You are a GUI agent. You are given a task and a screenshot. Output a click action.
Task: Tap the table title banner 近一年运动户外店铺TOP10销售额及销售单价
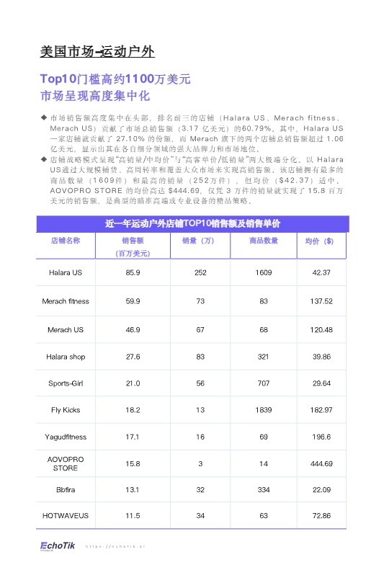[192, 224]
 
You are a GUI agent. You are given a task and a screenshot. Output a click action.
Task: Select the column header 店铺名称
[65, 241]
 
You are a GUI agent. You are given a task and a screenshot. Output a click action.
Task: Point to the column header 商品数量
[263, 241]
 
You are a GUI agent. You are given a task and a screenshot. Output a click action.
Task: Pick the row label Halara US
[65, 273]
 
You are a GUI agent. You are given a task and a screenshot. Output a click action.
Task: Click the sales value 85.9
[133, 273]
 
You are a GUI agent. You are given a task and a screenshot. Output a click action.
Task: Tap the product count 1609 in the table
[263, 273]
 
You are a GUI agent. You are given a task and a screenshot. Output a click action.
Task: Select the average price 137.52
[321, 301]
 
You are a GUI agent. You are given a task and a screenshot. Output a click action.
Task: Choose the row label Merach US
[65, 329]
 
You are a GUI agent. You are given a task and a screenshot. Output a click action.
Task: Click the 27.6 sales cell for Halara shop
[133, 357]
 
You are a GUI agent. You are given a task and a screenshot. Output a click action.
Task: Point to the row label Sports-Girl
[65, 383]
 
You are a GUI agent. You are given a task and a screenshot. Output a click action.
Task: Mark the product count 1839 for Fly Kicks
[263, 410]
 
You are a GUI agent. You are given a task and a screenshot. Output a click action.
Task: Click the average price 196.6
[321, 437]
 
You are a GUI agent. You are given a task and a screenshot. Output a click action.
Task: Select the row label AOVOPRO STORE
[65, 463]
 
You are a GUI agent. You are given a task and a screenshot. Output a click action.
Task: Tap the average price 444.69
[321, 463]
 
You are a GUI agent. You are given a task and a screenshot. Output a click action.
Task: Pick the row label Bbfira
[65, 490]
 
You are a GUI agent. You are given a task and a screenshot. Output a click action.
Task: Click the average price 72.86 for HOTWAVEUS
[321, 516]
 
